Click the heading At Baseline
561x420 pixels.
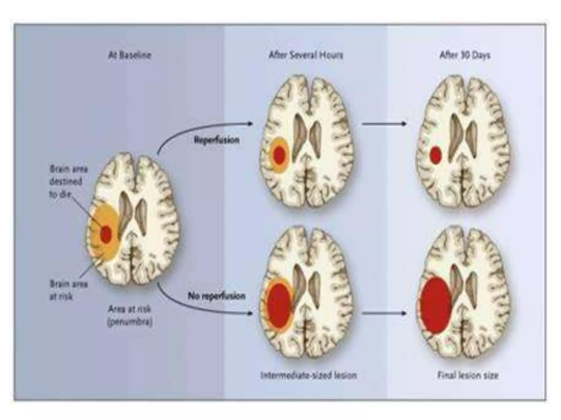pos(130,56)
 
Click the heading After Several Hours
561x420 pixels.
pos(305,56)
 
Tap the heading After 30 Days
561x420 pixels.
pos(465,56)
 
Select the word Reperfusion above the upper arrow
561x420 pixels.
pos(216,140)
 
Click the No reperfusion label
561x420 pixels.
pos(216,296)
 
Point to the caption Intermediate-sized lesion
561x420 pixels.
pos(309,375)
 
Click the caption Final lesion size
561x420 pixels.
pos(468,375)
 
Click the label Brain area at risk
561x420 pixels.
pos(68,290)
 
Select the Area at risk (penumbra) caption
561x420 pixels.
pos(130,316)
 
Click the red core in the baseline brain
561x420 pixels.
pos(106,234)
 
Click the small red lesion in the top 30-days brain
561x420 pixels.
pos(436,155)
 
